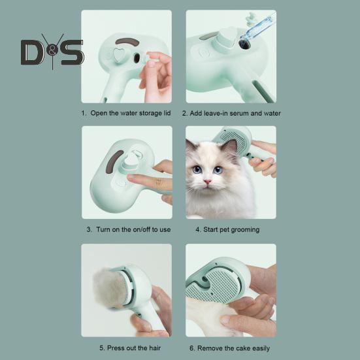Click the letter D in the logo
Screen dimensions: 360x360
(31, 52)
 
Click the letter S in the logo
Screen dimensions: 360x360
(72, 52)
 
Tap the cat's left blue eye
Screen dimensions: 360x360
(197, 169)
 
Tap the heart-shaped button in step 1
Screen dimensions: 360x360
(118, 56)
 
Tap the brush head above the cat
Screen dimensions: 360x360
(235, 140)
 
